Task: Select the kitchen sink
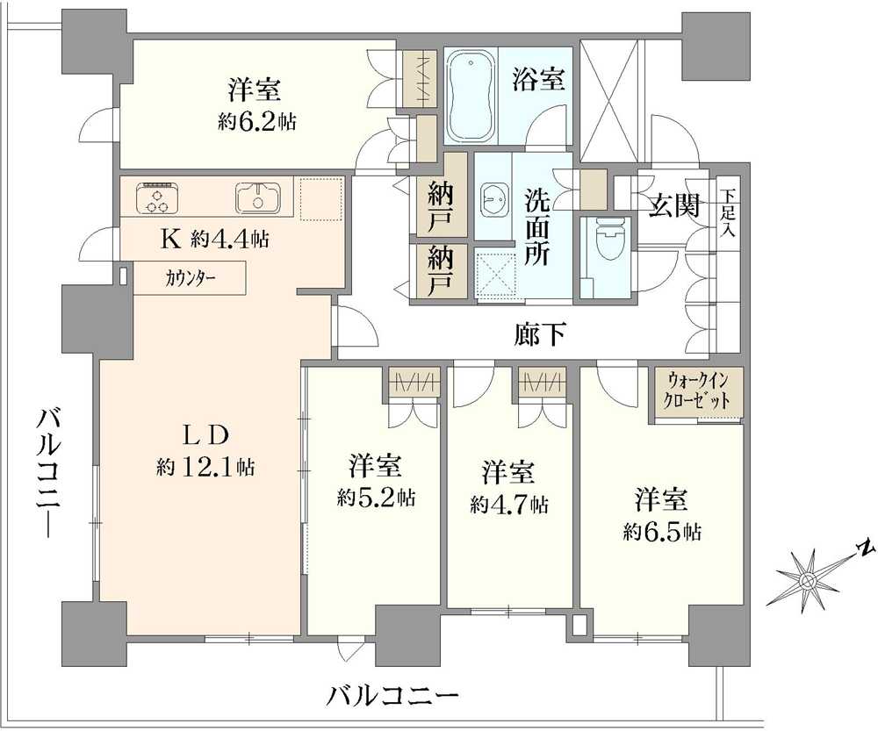pyautogui.click(x=257, y=198)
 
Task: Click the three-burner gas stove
pyautogui.click(x=157, y=198)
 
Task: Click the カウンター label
pyautogui.click(x=190, y=278)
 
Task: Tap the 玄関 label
pyautogui.click(x=674, y=205)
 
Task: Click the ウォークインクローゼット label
pyautogui.click(x=696, y=391)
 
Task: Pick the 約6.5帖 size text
pyautogui.click(x=662, y=532)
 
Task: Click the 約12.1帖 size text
pyautogui.click(x=205, y=466)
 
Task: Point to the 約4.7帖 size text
pyautogui.click(x=508, y=505)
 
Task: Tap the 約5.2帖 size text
pyautogui.click(x=376, y=497)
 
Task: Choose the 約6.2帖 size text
pyautogui.click(x=256, y=121)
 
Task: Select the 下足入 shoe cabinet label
pyautogui.click(x=727, y=213)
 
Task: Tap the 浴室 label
pyautogui.click(x=538, y=79)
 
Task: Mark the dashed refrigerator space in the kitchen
pyautogui.click(x=321, y=199)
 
